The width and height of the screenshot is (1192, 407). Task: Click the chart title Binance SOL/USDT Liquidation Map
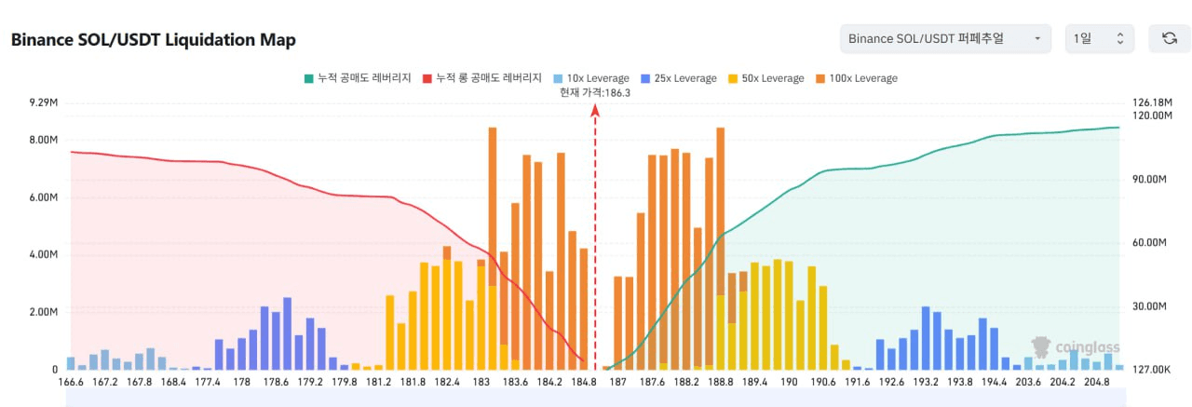coord(153,40)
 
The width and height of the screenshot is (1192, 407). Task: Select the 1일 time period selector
coord(1099,39)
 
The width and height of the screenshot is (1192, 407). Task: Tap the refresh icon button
coord(1169,39)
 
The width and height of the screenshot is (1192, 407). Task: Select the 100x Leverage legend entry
coord(856,78)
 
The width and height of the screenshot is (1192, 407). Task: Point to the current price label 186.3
coord(595,92)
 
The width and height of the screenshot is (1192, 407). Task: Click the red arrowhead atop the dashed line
coord(595,111)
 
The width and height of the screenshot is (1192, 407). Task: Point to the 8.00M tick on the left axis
coord(44,140)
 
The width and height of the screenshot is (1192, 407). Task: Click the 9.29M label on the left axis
coord(44,102)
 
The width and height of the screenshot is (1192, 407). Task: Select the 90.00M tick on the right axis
coord(1149,179)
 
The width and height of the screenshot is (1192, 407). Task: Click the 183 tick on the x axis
coord(481,382)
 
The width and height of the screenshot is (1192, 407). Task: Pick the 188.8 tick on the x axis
coord(720,382)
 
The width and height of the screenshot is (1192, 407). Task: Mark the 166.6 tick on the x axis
coord(71,382)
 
